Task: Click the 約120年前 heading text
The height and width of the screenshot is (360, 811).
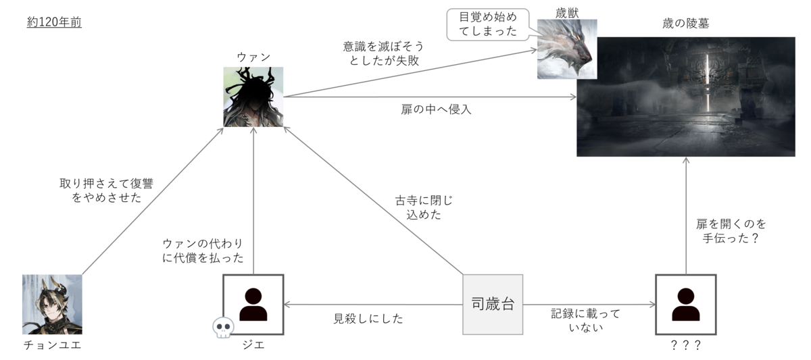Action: [54, 22]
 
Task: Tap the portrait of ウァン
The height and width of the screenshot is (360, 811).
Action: [253, 97]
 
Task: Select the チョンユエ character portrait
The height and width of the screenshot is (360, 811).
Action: [52, 305]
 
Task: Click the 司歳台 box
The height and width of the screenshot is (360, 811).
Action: [493, 305]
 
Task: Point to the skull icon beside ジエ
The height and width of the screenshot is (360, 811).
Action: [223, 328]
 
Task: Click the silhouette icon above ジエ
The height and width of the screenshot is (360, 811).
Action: [253, 305]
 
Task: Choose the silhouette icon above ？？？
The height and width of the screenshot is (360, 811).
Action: [686, 305]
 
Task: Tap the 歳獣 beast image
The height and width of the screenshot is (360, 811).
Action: [567, 49]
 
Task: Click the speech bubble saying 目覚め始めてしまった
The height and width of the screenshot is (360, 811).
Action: [488, 24]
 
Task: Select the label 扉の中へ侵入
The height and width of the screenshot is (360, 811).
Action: [436, 109]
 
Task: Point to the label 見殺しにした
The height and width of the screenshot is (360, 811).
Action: [368, 318]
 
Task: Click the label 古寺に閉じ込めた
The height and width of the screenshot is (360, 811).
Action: [424, 207]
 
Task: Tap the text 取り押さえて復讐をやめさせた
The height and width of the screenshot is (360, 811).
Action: [107, 190]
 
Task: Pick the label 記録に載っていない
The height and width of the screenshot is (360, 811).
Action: [585, 320]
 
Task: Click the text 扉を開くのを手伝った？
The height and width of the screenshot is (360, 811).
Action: [731, 231]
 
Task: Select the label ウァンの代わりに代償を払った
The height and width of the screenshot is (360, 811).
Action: [203, 251]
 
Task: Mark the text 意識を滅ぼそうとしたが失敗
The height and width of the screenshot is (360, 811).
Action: [383, 53]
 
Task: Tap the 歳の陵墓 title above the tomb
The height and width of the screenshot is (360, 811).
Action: [686, 24]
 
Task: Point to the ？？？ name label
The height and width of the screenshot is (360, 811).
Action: [686, 345]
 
